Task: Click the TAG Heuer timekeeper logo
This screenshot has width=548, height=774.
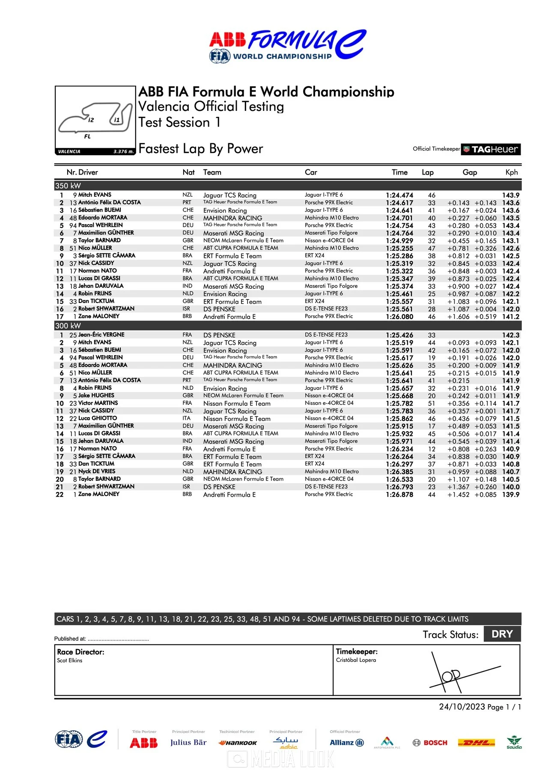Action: coord(491,149)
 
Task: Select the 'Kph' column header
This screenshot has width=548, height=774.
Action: coord(512,172)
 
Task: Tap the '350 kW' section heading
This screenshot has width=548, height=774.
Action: coord(68,186)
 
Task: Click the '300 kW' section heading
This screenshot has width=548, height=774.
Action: coord(68,326)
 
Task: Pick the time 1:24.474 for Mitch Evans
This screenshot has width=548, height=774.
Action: coord(399,195)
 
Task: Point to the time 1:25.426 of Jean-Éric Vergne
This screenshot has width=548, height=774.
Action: coord(399,335)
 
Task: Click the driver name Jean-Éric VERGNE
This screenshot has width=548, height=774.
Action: coord(101,335)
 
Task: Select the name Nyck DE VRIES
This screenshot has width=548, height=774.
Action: coord(97,471)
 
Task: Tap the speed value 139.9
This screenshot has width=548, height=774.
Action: coord(511,495)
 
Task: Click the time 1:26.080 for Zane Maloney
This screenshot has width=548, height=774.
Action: coord(399,317)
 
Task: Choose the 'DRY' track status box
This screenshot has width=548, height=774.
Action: coord(502,634)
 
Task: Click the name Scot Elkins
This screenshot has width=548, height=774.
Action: coord(70,661)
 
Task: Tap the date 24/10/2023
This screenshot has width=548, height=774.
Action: coord(462,707)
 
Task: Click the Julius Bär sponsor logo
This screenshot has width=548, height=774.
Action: coord(188,743)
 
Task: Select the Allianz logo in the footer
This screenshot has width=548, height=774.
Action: coord(346,743)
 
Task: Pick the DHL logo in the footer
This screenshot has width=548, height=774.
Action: coord(477,743)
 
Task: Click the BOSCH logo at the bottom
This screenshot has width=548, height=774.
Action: coord(430,743)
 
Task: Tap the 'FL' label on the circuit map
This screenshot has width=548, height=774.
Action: coord(87,136)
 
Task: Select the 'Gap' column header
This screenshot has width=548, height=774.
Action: coord(470,172)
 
